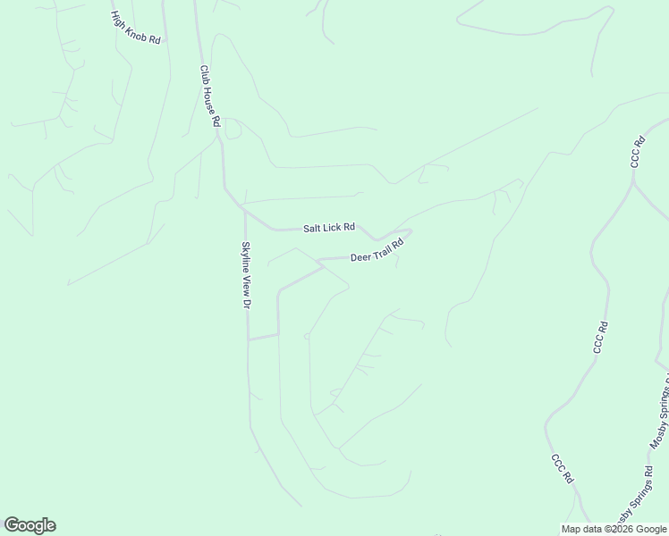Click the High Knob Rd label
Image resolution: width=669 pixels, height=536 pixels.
pos(135,29)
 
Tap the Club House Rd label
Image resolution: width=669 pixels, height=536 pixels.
pos(209,96)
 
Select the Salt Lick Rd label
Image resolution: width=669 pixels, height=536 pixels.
pos(329,228)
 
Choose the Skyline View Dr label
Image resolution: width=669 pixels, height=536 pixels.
pos(245,275)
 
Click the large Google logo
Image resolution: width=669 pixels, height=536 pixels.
pos(30,525)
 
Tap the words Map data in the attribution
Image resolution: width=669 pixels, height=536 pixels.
pos(581,529)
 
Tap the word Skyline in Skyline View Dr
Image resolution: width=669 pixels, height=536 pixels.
pos(244,257)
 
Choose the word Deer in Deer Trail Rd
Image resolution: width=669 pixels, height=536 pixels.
pos(360,257)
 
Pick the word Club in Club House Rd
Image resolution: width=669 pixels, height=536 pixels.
pos(205,76)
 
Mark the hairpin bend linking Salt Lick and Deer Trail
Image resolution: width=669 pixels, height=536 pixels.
pos(409,234)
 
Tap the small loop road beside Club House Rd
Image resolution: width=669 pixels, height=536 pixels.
pos(234,130)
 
